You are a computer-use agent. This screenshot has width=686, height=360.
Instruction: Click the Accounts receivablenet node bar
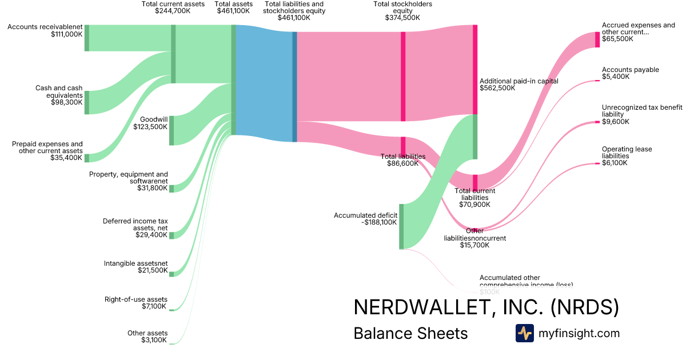point(87,38)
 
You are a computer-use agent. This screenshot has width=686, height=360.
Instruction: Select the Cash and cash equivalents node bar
point(87,102)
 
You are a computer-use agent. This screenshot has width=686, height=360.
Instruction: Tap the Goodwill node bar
point(171,130)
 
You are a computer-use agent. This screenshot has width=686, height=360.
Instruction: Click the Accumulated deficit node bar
point(401,226)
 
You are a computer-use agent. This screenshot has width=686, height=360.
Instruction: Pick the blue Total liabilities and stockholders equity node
point(295,86)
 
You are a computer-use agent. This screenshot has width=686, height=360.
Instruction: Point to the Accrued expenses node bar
point(597,39)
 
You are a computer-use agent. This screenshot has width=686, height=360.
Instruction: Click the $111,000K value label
point(67,34)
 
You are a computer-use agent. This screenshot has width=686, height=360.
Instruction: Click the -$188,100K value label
point(380,223)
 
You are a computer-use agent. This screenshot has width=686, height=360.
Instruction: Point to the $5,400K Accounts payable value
point(616,77)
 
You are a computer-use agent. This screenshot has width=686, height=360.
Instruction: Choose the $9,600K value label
point(616,122)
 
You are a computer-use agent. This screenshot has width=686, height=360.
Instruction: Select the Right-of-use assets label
point(136,299)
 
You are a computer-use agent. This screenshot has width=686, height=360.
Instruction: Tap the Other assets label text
point(147,333)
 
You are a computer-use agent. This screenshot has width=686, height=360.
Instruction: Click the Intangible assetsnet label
point(136,263)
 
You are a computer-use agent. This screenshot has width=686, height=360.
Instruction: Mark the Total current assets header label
point(173,4)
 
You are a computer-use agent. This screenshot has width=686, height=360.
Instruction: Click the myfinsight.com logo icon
point(525,333)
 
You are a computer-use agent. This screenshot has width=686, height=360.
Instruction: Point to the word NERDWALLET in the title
point(420,307)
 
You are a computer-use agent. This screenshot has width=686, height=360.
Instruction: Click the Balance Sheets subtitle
point(410,333)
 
